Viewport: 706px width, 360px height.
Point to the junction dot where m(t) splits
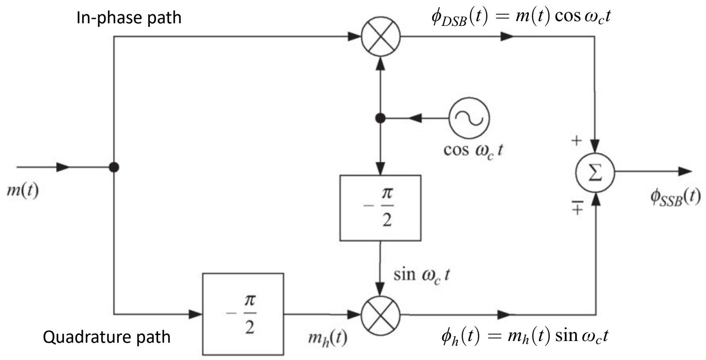114,167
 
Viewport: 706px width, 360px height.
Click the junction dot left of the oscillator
380,118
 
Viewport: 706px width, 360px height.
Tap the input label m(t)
23,190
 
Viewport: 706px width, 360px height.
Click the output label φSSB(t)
676,197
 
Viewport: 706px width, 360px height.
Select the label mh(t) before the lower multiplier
328,338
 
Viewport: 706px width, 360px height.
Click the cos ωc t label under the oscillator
473,151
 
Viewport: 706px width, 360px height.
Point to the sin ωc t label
421,275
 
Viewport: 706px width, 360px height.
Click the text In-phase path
129,17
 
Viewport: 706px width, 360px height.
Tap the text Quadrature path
107,337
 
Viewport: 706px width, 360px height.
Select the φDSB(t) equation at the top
521,17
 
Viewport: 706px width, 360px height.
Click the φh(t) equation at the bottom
525,336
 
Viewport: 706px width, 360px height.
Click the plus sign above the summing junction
576,140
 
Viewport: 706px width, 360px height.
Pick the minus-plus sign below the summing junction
577,208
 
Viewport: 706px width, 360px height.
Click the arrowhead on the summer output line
685,172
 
